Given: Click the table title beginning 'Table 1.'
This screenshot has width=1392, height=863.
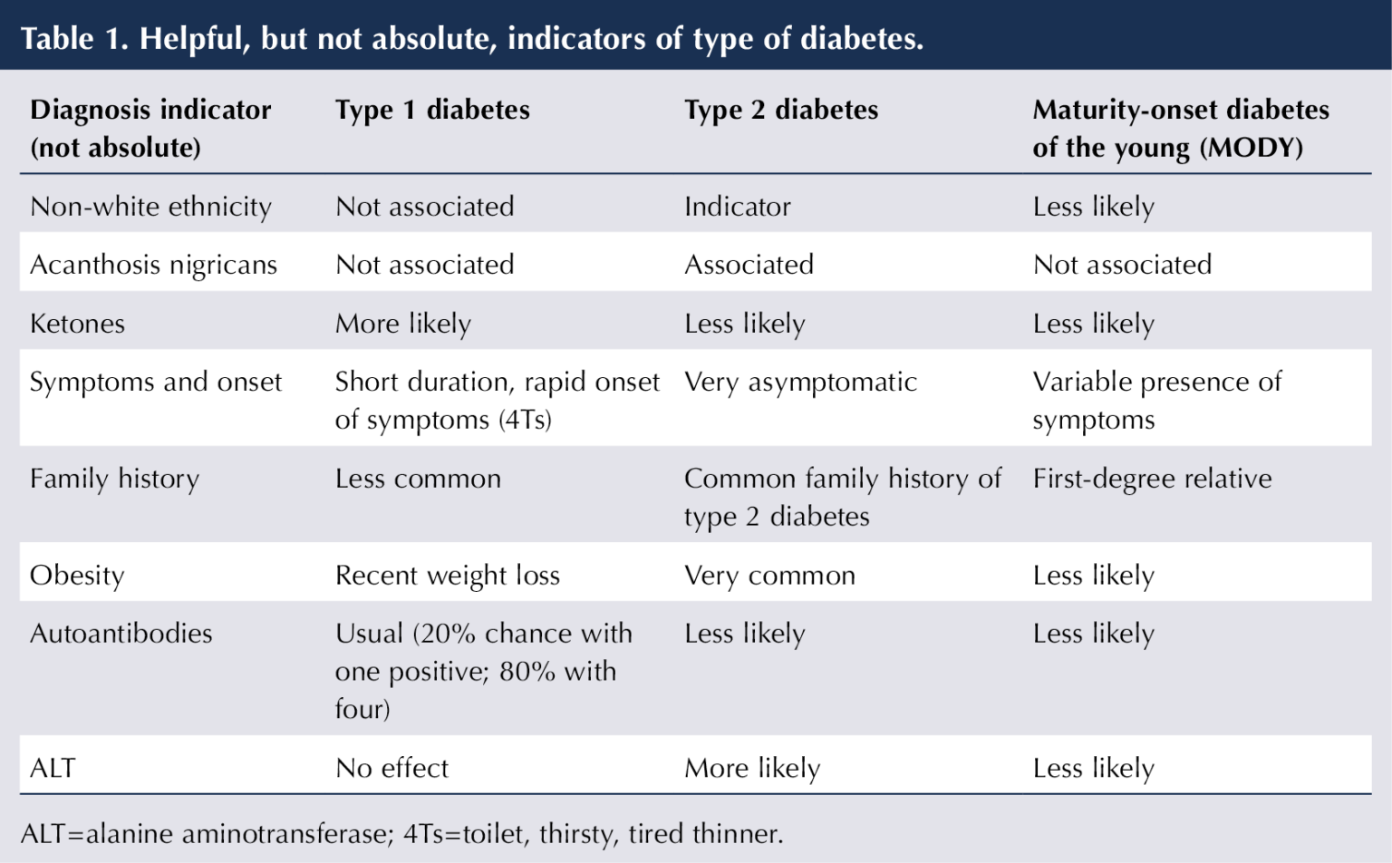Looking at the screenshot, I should pyautogui.click(x=472, y=38).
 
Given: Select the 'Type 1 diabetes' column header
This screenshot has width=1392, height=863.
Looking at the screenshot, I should pyautogui.click(x=432, y=110).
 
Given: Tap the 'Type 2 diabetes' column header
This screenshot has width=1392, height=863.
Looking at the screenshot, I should pyautogui.click(x=781, y=110).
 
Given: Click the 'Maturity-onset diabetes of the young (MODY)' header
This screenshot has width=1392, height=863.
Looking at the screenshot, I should pyautogui.click(x=1180, y=128).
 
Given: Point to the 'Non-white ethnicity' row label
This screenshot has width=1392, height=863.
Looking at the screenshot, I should pyautogui.click(x=150, y=207).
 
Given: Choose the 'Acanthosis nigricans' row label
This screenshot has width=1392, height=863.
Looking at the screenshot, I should pyautogui.click(x=153, y=265).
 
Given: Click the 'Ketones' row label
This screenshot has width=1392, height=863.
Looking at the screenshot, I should pyautogui.click(x=77, y=324).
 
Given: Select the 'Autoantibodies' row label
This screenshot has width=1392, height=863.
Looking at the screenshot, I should pyautogui.click(x=121, y=633).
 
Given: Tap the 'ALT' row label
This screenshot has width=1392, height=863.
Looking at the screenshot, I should pyautogui.click(x=52, y=768).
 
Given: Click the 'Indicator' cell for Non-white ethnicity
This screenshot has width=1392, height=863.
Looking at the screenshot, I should pyautogui.click(x=737, y=207).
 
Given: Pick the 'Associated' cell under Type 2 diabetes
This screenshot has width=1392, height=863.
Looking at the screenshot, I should pyautogui.click(x=749, y=265).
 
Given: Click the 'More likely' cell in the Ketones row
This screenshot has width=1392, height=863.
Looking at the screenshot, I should pyautogui.click(x=402, y=324).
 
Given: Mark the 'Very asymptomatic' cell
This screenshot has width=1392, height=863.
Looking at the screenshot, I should pyautogui.click(x=800, y=382).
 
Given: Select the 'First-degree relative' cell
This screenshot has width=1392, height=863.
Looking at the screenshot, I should pyautogui.click(x=1152, y=479).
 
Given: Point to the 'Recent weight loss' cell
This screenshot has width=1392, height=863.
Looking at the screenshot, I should pyautogui.click(x=447, y=575).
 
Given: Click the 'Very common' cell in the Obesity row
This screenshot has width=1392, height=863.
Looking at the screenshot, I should pyautogui.click(x=769, y=575).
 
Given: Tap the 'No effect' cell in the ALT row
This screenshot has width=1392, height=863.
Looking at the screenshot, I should pyautogui.click(x=391, y=768).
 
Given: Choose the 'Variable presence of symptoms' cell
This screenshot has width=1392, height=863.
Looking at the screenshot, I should pyautogui.click(x=1156, y=401).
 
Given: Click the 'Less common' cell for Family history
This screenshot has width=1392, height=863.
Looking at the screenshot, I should pyautogui.click(x=418, y=479).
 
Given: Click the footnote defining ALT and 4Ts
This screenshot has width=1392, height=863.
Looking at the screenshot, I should pyautogui.click(x=401, y=833).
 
